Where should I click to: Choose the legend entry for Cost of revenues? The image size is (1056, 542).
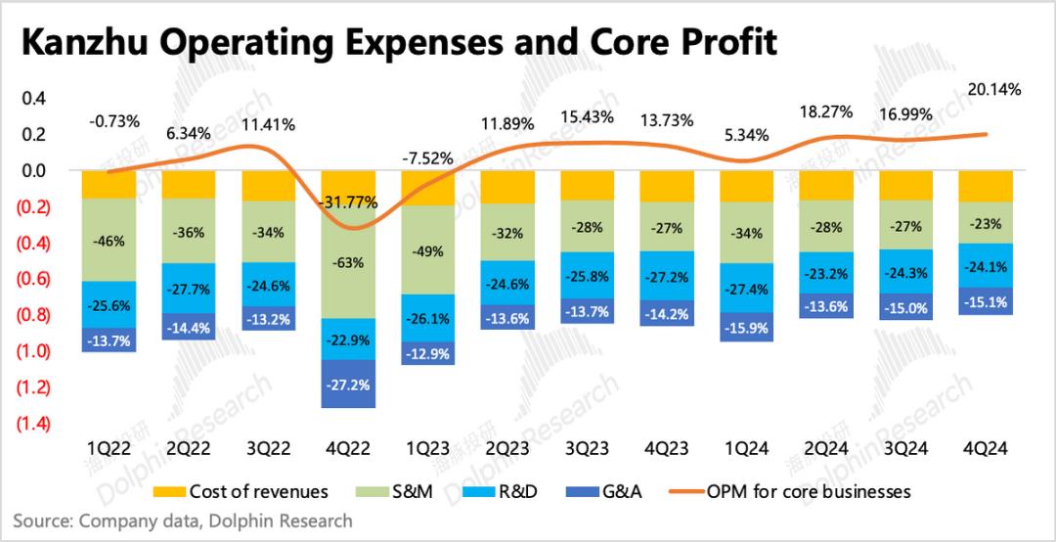[245, 491]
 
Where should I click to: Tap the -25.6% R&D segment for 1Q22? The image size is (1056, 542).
[109, 305]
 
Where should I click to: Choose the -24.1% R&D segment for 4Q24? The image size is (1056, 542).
[984, 264]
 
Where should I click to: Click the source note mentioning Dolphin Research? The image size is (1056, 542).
[183, 520]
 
